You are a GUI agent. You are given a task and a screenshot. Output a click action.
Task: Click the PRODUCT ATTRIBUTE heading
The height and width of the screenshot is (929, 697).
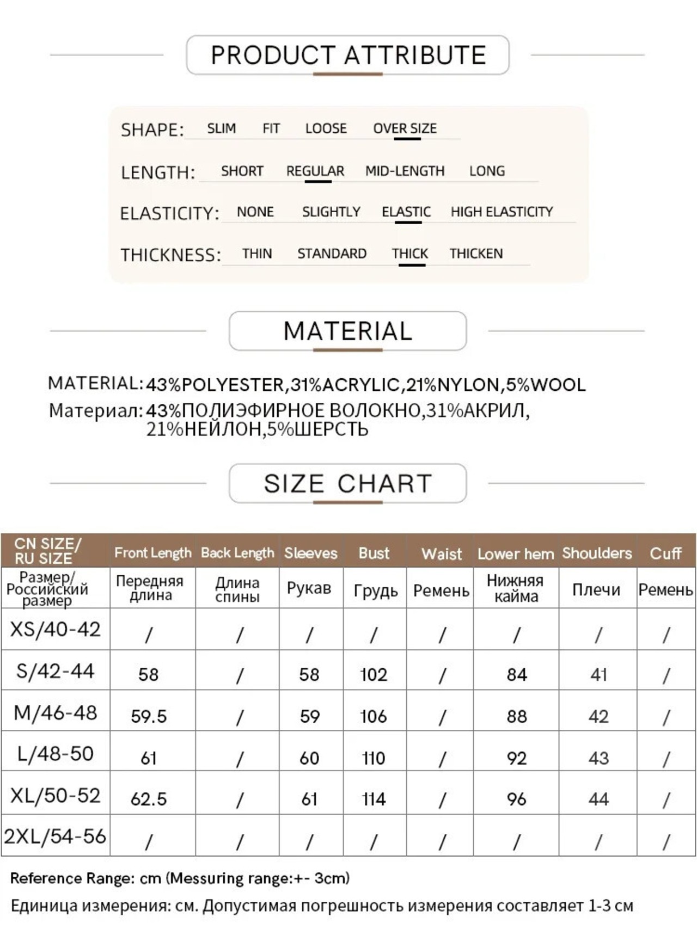[348, 55]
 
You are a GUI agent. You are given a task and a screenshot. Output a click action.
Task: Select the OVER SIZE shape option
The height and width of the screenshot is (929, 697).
[405, 128]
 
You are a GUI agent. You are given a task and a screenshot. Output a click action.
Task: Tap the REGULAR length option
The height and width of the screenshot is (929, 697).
[315, 171]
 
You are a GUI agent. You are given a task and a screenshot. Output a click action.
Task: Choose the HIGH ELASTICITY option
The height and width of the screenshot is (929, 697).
[502, 212]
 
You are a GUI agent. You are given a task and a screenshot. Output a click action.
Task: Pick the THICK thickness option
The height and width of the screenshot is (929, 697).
[410, 254]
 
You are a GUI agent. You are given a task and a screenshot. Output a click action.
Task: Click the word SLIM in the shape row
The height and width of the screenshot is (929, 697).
[221, 128]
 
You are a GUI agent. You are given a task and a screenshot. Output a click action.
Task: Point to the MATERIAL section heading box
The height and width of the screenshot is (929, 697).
[348, 331]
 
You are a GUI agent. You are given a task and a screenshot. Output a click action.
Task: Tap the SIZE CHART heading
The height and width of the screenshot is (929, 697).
[348, 483]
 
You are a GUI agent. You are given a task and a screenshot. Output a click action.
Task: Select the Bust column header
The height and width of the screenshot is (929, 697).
[374, 553]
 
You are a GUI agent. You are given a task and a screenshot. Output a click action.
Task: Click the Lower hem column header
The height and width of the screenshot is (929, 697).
[515, 553]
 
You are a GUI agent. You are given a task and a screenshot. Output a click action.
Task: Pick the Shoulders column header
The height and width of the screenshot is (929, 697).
[597, 553]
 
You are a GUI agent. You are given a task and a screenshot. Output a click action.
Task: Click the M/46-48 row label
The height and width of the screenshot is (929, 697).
[56, 712]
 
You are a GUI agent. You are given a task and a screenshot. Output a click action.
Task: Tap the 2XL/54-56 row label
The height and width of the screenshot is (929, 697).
[56, 836]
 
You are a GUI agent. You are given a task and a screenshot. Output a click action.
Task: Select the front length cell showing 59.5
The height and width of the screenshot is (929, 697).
[149, 716]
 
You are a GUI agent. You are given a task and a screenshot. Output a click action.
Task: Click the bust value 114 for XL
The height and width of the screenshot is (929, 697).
[374, 799]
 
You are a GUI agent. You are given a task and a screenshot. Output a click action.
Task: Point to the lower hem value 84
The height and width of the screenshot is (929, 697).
[516, 675]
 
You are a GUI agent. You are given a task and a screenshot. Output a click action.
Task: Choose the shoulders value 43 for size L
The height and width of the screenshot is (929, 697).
[598, 758]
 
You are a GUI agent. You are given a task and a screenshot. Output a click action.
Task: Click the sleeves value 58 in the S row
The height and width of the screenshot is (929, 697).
[309, 675]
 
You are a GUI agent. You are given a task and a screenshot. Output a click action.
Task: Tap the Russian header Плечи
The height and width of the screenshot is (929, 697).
[596, 589]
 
